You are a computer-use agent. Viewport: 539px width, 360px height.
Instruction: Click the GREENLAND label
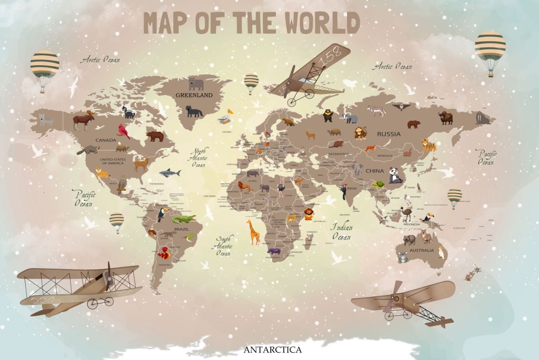[194, 95]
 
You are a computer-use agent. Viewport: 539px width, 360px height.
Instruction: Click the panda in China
[395, 175]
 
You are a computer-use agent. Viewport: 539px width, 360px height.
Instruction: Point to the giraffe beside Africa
[253, 232]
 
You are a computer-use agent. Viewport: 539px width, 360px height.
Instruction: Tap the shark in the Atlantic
[170, 173]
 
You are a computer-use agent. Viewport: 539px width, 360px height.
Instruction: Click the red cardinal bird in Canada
[124, 131]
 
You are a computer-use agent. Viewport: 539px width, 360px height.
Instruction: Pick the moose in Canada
[84, 120]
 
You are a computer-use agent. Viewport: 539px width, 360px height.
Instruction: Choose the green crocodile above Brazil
[184, 219]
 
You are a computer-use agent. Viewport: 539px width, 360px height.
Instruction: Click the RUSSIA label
[388, 134]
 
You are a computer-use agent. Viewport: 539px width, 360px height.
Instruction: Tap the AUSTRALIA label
[421, 251]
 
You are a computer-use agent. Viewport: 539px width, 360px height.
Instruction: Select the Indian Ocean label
[342, 232]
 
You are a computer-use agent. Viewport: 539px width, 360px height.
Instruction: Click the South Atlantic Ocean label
[224, 246]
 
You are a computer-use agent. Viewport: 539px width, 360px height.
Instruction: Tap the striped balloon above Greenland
[251, 82]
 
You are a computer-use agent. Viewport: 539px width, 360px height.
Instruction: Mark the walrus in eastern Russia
[483, 118]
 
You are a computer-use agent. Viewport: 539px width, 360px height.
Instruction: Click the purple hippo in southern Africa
[274, 251]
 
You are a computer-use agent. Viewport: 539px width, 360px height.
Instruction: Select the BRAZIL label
[182, 229]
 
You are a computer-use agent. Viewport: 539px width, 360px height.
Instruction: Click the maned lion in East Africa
[309, 214]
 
